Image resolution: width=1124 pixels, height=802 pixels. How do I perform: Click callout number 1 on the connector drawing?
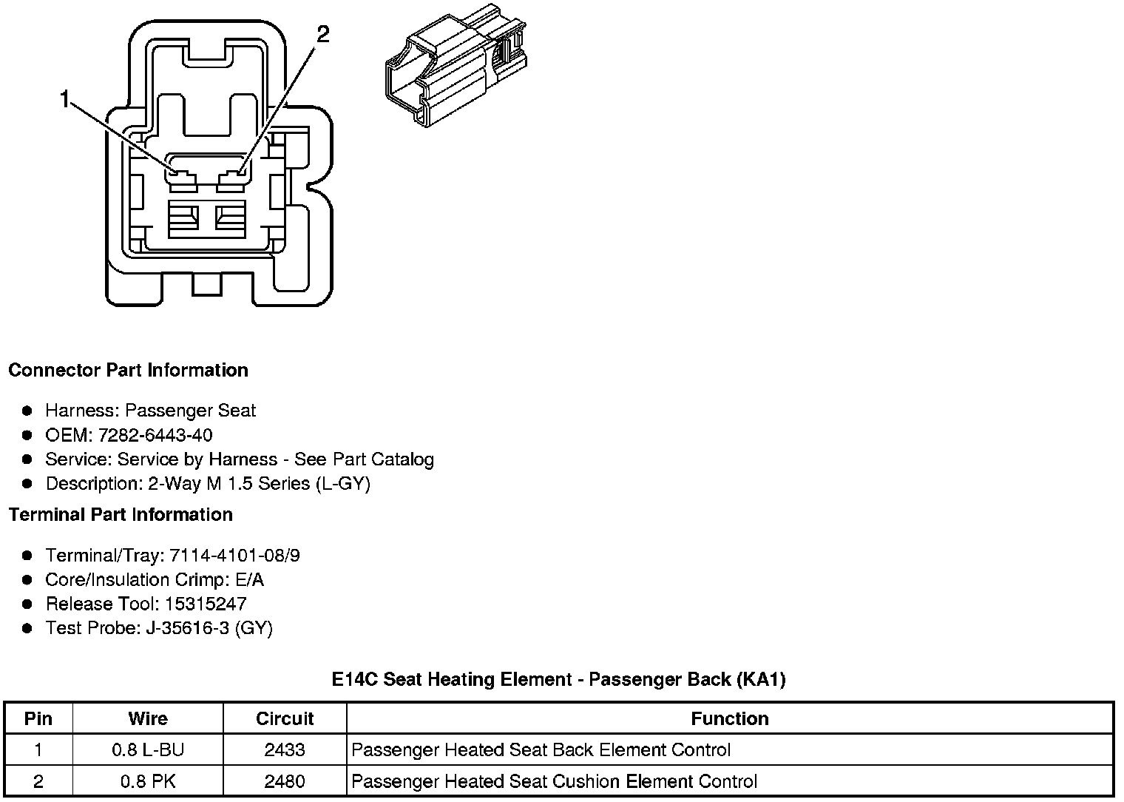point(66,99)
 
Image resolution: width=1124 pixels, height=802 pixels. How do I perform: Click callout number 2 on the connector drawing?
point(322,34)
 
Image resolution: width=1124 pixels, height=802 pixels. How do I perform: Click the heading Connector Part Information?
point(128,370)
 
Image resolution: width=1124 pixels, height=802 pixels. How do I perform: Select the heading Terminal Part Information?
point(121,514)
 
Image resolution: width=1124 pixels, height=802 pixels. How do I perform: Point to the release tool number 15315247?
point(206,604)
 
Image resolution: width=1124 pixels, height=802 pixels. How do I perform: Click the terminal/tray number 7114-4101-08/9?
point(234,556)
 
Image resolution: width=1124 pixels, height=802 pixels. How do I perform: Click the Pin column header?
point(38,718)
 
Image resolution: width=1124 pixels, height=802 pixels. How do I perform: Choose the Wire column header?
point(148,718)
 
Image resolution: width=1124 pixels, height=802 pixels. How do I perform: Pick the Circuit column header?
point(285,718)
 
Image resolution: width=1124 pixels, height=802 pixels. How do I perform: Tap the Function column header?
point(730,718)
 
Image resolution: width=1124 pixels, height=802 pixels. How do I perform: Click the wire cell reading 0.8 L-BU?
point(148,749)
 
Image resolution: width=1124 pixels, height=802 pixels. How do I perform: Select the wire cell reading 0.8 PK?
point(148,781)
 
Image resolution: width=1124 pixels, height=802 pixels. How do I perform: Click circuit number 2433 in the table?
point(285,749)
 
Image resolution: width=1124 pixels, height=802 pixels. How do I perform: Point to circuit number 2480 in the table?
point(285,781)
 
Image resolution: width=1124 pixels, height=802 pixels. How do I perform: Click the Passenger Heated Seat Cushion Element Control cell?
point(554,781)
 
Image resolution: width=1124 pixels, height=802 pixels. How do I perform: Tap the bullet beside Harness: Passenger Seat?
point(27,411)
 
